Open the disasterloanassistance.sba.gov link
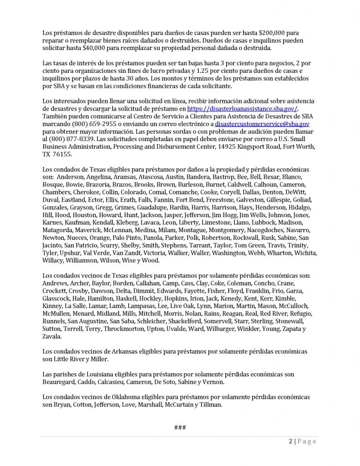243,109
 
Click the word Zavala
53,337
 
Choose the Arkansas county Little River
68,360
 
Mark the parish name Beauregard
60,382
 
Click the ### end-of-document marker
180,427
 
